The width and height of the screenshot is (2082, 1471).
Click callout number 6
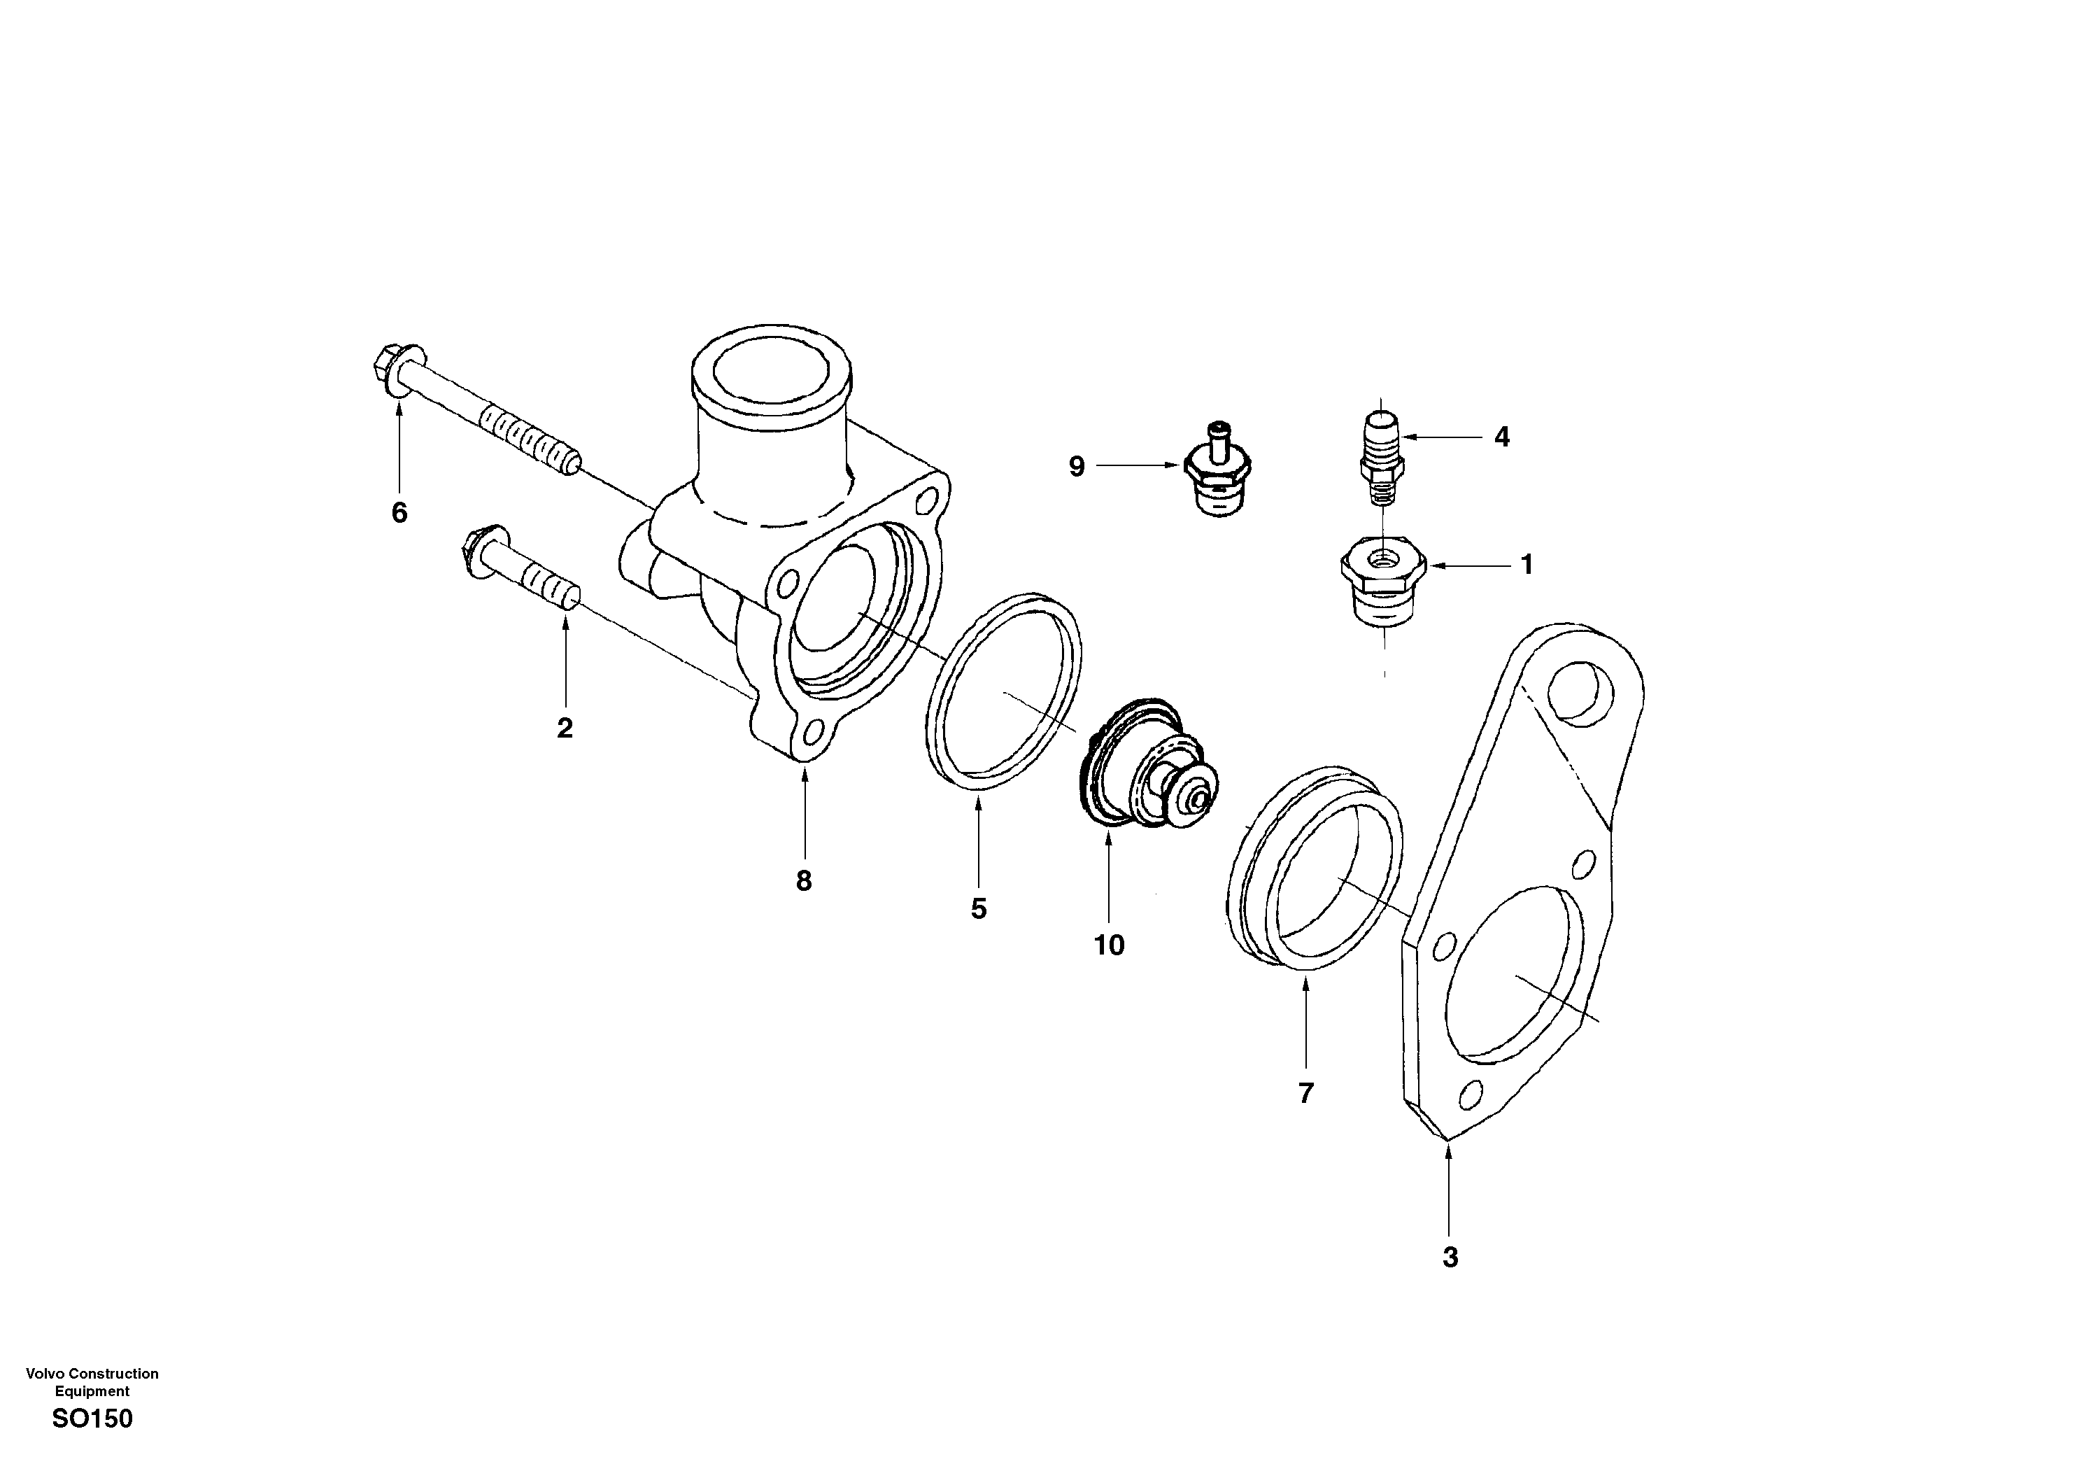[x=399, y=513]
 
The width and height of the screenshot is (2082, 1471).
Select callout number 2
[x=565, y=729]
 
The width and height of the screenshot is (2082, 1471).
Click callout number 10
[x=1109, y=946]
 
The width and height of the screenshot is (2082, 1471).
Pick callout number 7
[x=1305, y=1095]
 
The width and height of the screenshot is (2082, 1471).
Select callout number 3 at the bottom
[x=1450, y=1258]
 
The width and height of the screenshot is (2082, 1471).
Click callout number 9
[x=1077, y=467]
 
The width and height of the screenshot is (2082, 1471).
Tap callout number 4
[x=1501, y=437]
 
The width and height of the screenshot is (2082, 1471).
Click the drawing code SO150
[x=92, y=1419]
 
